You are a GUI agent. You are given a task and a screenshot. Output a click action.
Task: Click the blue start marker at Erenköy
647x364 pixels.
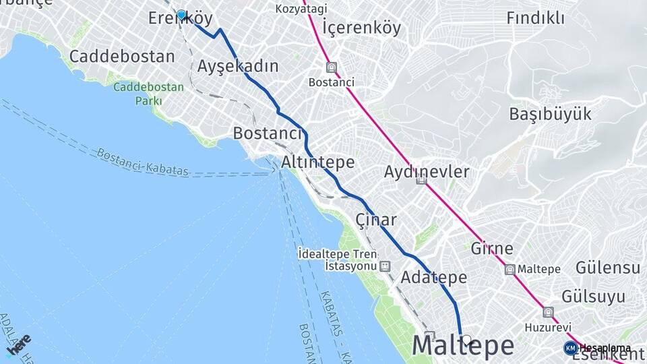181,14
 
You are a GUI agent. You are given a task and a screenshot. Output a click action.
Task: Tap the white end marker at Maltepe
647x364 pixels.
466,340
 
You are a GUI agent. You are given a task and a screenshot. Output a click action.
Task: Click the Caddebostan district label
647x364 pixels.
122,56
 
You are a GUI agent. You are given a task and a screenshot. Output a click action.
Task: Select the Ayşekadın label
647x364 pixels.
238,66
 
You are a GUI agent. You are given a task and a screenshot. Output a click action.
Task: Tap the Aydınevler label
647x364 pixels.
426,171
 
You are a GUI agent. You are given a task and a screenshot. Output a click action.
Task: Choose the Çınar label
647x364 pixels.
375,220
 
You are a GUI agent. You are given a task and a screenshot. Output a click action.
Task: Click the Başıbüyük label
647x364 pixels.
550,113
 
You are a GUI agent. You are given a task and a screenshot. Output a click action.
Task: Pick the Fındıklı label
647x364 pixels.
535,18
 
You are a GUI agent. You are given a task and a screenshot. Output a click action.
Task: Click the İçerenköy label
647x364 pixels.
361,28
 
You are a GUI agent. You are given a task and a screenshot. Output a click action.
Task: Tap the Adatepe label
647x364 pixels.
433,277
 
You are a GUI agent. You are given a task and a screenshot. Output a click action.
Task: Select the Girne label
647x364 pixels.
493,247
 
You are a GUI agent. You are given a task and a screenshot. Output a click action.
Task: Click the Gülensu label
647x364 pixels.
607,268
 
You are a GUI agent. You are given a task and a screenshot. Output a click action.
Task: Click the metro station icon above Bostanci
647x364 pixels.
331,67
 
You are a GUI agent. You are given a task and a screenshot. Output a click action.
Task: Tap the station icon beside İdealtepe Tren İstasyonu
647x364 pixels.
384,266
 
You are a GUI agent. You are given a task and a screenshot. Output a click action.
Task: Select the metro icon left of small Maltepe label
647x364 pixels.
510,270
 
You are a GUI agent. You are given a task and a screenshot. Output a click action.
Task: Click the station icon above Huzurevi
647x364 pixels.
548,312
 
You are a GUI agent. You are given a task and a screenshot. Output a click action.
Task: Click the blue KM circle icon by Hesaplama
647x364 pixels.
571,348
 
